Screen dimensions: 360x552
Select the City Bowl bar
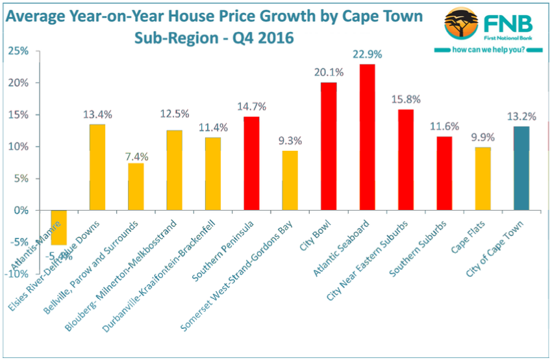(x=329, y=146)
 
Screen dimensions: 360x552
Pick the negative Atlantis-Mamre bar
(x=58, y=227)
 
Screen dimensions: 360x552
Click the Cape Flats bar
(x=483, y=179)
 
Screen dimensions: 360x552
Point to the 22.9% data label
(x=367, y=55)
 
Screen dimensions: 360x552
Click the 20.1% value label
(x=329, y=73)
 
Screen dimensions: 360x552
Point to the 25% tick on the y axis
(x=18, y=51)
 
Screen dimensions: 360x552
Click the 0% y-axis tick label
(x=21, y=211)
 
